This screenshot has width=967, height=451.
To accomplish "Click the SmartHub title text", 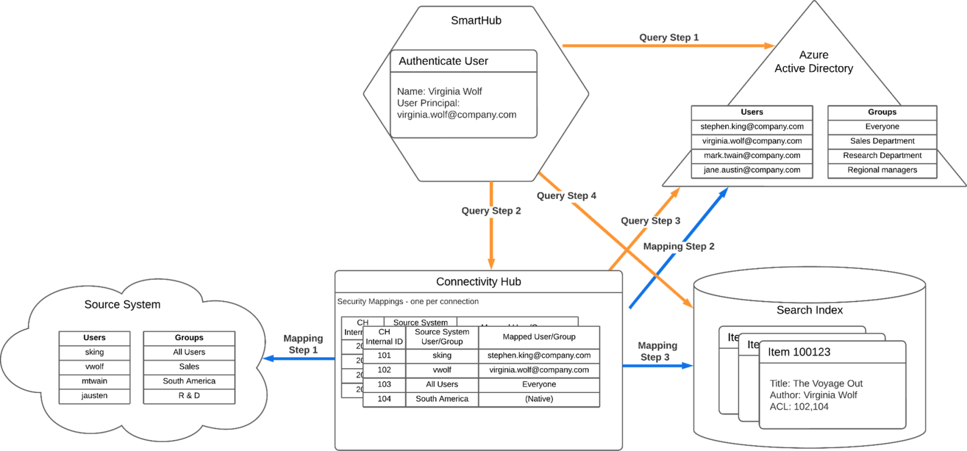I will point(476,21).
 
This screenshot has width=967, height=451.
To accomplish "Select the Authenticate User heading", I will point(443,61).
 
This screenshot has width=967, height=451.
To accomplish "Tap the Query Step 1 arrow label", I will point(669,38).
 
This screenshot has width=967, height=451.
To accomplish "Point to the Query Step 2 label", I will point(491,211).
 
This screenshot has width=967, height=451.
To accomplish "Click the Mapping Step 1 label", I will point(303,344).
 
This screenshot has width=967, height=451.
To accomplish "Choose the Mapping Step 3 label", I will point(657,351).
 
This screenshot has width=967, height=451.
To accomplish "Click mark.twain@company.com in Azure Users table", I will point(752,155).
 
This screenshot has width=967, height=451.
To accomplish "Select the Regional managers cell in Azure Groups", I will point(882,170).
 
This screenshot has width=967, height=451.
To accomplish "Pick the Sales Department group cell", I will point(882,141).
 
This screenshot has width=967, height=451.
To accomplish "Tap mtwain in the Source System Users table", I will point(94,381).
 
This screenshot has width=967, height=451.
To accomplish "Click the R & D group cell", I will point(189,395).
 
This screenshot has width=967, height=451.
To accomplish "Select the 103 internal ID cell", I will point(384,384).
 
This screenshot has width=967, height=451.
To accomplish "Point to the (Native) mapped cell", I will point(539,399).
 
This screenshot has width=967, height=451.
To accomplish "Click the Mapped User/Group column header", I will point(539,337).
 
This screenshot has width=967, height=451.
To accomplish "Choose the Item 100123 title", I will point(799,352).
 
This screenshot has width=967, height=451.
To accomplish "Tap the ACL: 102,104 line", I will point(799,407).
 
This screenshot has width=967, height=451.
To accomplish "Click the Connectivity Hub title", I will point(478,282).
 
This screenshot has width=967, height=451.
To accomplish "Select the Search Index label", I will point(809,310).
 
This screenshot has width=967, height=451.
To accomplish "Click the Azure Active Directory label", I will point(813,62).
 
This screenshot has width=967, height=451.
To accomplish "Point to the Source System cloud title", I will point(122,305).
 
